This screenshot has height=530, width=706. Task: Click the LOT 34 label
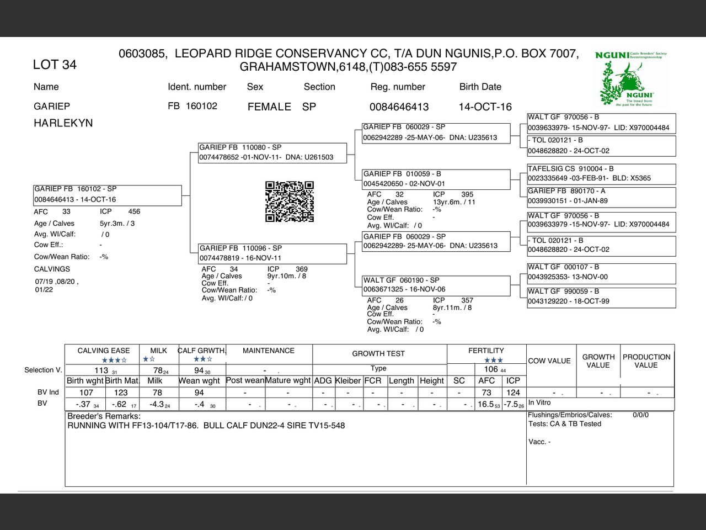point(55,65)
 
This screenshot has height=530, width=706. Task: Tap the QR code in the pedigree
point(290,202)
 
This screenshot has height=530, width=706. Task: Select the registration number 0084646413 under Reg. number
point(399,107)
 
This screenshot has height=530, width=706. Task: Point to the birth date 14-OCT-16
point(485,107)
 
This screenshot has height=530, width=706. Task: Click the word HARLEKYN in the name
point(63,123)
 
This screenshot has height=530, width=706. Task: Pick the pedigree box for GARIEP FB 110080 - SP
point(272,152)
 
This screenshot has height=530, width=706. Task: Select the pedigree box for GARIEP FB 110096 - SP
point(272,253)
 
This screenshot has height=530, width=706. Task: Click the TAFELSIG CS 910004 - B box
point(601,173)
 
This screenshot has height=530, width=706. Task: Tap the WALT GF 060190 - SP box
point(436,285)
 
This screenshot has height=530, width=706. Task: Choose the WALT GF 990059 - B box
point(601,296)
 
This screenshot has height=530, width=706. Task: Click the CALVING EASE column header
point(104,351)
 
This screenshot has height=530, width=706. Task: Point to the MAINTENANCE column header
point(269,351)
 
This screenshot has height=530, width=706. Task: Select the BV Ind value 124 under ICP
point(513,393)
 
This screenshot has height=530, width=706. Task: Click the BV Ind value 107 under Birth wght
point(86,393)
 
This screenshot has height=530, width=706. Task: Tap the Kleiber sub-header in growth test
point(348,380)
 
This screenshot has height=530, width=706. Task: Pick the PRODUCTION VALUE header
point(646,361)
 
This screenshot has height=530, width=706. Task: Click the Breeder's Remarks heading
point(104,416)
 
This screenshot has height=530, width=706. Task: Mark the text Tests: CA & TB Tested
point(565,424)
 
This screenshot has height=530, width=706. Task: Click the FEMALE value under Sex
point(269,107)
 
